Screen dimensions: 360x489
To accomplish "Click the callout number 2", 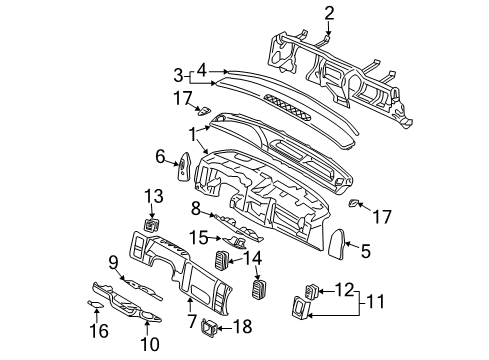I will pyautogui.click(x=300, y=12).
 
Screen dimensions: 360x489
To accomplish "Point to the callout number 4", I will pyautogui.click(x=203, y=71).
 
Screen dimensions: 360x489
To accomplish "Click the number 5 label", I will pyautogui.click(x=365, y=252).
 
